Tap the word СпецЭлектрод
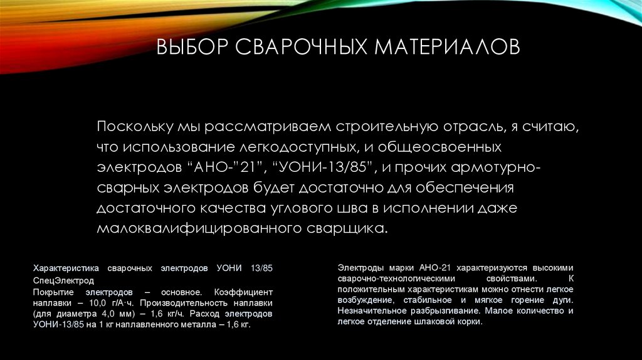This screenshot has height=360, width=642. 63,280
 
